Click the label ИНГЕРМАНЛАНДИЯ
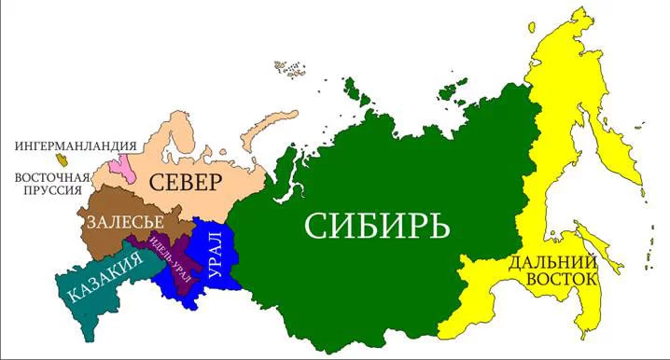coord(75,146)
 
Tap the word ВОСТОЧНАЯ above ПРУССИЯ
coord(51,177)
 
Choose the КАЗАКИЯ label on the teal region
coord(105,277)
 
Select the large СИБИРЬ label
coord(377,225)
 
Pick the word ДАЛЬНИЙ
coord(552,263)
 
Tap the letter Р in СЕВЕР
coord(216,180)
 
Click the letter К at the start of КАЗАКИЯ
coord(73,294)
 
